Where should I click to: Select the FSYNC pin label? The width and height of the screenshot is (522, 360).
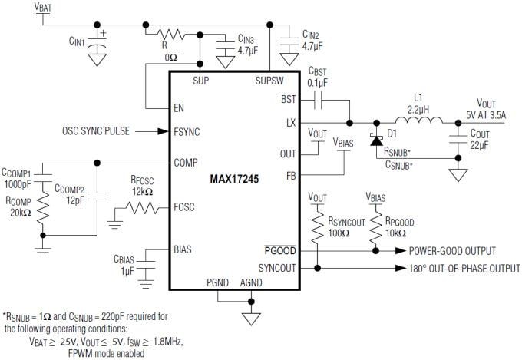click(x=187, y=132)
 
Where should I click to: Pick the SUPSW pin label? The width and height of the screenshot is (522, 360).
click(x=269, y=80)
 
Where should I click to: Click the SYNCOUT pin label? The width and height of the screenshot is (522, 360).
click(x=276, y=268)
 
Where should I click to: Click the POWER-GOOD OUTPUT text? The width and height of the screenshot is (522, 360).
click(x=451, y=251)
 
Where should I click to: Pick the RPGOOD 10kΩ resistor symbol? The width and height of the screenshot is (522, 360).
click(x=375, y=228)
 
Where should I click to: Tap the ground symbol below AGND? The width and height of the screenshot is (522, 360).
click(x=248, y=317)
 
